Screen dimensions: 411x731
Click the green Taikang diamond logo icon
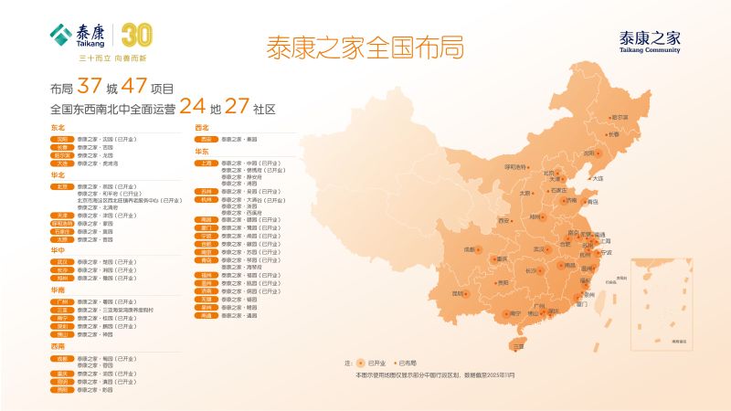(61, 35)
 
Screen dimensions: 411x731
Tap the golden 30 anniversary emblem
(136, 35)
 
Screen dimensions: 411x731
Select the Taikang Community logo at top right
(650, 41)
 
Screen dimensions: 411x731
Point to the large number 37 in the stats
(90, 87)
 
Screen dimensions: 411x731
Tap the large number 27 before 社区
(238, 107)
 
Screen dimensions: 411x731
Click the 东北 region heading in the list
(58, 127)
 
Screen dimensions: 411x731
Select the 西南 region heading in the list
(58, 347)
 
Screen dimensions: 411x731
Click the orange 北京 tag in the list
(61, 186)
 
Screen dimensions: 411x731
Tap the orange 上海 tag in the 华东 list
(207, 163)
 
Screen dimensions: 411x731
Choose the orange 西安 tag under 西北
(207, 139)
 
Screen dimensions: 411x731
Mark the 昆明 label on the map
(458, 294)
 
